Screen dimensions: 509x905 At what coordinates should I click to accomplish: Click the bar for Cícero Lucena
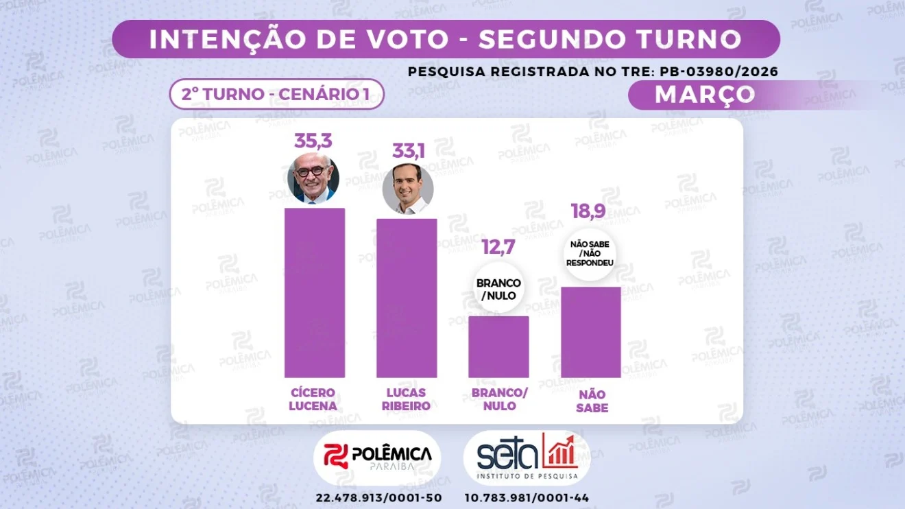point(315,293)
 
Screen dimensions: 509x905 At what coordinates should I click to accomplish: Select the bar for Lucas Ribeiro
point(407,298)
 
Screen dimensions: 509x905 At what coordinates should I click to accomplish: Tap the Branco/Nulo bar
point(498,346)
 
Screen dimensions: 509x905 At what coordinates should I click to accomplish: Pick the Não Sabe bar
point(591,332)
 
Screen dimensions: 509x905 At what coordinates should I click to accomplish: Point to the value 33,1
point(408,150)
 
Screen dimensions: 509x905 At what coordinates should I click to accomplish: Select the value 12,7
point(498,247)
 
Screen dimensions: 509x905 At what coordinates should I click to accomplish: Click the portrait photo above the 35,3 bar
point(313,178)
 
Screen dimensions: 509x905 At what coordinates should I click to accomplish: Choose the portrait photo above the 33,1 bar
point(408,188)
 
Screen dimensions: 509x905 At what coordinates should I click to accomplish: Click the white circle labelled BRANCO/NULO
point(498,289)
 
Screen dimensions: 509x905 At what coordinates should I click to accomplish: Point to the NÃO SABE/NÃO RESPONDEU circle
point(590,252)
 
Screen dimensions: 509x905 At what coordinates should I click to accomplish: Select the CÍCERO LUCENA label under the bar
point(314,399)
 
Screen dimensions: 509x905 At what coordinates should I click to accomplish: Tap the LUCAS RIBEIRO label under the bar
point(407,399)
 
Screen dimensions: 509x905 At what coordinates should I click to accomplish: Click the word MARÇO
point(705,95)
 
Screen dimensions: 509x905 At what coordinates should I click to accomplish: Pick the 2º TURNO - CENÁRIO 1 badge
point(276,95)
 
